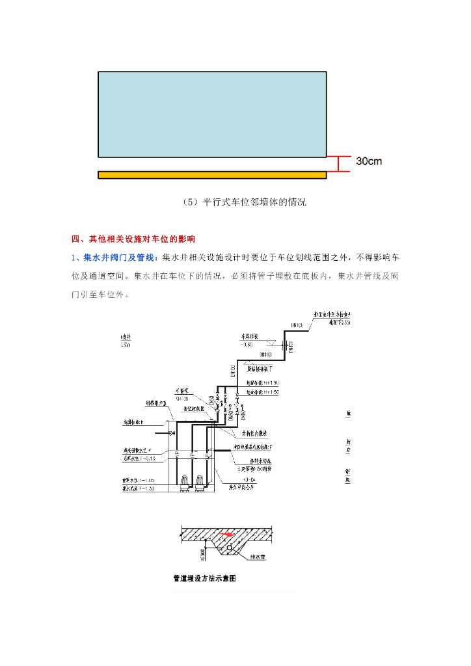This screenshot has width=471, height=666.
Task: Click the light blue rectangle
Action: coord(212,114)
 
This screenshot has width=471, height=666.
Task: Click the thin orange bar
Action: coord(212,174)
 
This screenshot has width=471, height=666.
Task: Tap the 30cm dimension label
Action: coord(369,161)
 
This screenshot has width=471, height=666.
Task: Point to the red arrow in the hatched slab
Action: coord(226,535)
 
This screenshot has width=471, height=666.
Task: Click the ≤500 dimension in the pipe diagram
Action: coord(202,553)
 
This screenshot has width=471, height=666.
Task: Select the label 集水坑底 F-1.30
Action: coord(137,488)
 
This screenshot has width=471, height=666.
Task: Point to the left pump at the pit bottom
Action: coord(185,482)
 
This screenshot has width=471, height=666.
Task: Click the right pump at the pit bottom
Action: coord(200,482)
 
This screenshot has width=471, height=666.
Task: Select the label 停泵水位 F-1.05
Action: coord(137,480)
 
